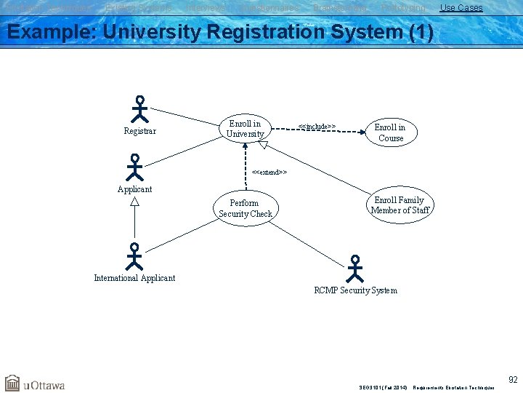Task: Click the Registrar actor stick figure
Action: (139, 109)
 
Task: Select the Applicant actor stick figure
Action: (134, 167)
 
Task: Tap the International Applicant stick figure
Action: (134, 257)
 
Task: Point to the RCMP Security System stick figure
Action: (354, 269)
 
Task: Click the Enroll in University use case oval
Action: (246, 129)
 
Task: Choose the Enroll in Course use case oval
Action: (391, 132)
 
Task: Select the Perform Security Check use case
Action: (246, 208)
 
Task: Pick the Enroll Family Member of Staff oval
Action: (400, 205)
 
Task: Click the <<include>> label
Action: (317, 127)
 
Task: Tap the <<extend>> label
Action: (269, 172)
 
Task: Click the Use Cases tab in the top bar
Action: (461, 8)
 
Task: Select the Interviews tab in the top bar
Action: (206, 8)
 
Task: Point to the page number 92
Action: (513, 379)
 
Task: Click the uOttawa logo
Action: (35, 384)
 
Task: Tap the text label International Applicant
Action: (134, 278)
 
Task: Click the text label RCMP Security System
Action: (355, 290)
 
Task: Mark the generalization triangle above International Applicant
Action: (134, 202)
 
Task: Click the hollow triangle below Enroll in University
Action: (264, 145)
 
